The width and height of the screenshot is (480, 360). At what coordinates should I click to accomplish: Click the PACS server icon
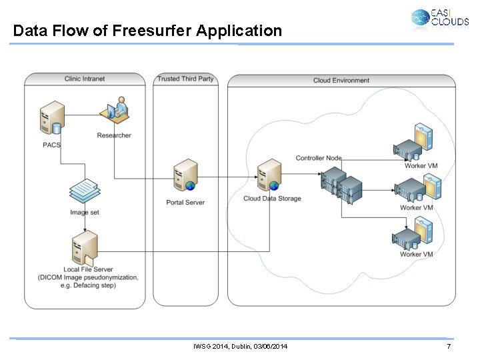point(51,119)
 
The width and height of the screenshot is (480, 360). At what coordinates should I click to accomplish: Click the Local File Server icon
point(85,248)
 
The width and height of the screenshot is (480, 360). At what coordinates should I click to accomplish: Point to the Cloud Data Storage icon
point(270,176)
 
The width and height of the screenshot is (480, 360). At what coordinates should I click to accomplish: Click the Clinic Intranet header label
point(85,79)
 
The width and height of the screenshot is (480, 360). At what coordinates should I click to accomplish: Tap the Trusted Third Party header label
point(185,79)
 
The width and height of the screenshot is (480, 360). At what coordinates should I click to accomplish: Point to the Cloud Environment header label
point(341,81)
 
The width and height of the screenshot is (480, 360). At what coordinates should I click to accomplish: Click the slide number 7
point(449,347)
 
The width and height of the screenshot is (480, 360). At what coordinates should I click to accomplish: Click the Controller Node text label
point(319,158)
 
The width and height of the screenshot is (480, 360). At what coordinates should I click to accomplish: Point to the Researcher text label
point(114,135)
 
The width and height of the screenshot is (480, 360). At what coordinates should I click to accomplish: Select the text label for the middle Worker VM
point(417,208)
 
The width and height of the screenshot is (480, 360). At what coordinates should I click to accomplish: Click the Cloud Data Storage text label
point(272,199)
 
